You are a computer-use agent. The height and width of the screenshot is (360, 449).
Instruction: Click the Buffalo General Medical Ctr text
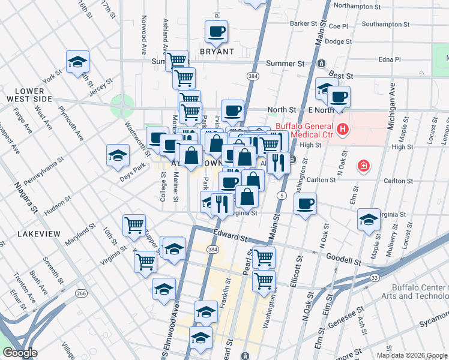click(306, 130)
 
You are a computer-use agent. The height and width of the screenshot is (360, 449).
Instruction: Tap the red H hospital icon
click(343, 128)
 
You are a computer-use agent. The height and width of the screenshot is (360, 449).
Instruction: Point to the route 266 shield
click(81, 293)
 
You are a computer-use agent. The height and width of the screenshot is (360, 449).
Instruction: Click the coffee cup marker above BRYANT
click(216, 31)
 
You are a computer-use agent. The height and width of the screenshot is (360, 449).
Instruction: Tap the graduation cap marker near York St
click(77, 62)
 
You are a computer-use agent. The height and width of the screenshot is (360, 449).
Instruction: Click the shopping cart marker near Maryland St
click(134, 225)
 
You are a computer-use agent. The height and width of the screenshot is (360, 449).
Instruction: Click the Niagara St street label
click(25, 194)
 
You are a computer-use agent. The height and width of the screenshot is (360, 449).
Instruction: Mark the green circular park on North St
click(122, 106)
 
